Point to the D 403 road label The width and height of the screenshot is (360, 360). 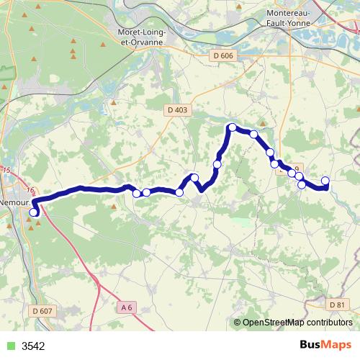pyautogui.click(x=176, y=109)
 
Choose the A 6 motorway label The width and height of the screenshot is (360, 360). pyautogui.click(x=127, y=307)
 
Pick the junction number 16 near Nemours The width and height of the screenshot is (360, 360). pyautogui.click(x=30, y=190)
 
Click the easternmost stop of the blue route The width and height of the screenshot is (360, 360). pyautogui.click(x=325, y=181)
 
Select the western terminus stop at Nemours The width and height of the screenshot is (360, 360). pyautogui.click(x=33, y=212)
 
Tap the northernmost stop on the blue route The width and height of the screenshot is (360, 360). pyautogui.click(x=232, y=127)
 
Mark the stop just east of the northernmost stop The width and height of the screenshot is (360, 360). pyautogui.click(x=253, y=135)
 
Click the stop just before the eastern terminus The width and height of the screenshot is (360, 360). pyautogui.click(x=302, y=185)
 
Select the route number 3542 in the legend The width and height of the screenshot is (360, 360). pyautogui.click(x=33, y=346)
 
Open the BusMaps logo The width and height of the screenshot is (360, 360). pyautogui.click(x=325, y=345)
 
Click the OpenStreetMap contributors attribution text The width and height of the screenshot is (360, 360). pyautogui.click(x=299, y=323)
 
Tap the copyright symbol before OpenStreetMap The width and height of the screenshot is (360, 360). pyautogui.click(x=238, y=323)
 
